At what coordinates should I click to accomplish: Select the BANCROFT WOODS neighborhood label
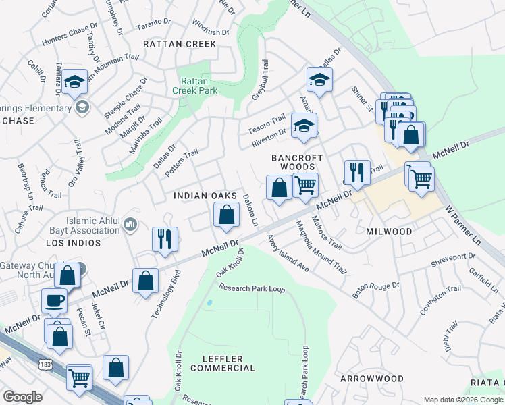(x=293, y=162)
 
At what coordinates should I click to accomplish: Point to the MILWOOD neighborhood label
(x=389, y=232)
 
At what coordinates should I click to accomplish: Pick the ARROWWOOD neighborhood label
(x=371, y=379)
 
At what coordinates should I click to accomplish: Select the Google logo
(x=22, y=397)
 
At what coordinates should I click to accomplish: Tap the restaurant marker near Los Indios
(x=165, y=238)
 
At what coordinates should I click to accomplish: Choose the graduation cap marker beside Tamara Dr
(x=75, y=82)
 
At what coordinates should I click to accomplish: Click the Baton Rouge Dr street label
(x=376, y=290)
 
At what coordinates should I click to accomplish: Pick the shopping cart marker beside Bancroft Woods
(x=305, y=184)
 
